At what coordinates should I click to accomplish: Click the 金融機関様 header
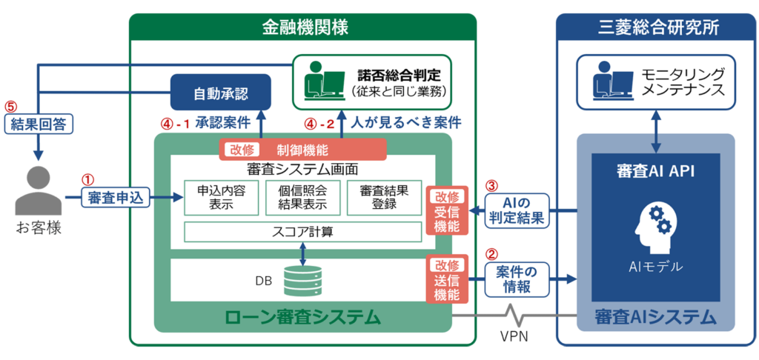pos(303,28)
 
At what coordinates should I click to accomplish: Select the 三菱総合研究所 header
pos(656,28)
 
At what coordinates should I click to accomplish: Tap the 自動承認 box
pos(220,94)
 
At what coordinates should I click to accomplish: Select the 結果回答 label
pos(38,124)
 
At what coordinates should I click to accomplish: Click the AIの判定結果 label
pos(519,210)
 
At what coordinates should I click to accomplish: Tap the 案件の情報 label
pos(519,279)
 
